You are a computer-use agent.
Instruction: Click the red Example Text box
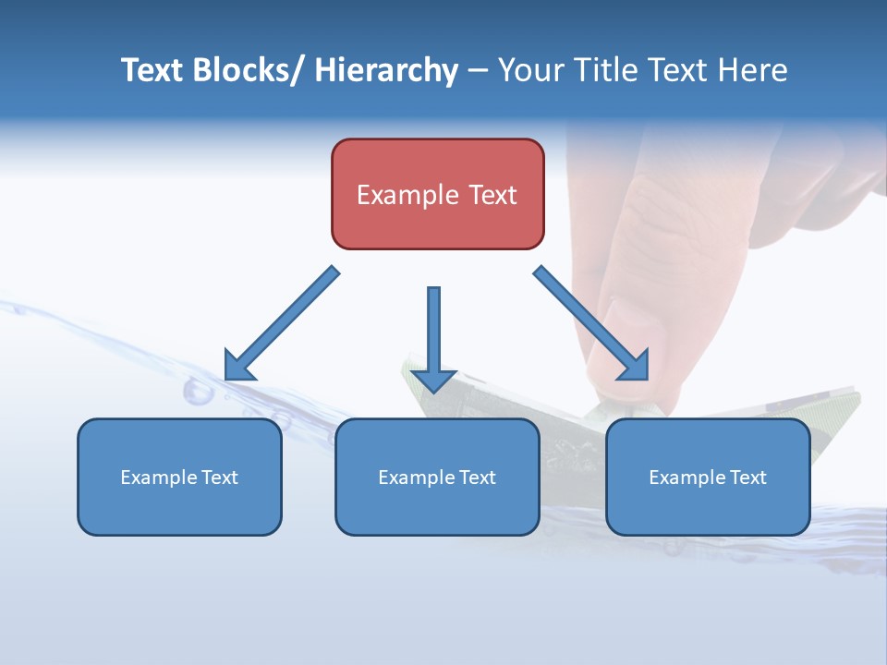coord(437,194)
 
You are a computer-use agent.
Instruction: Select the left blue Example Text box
coord(179,477)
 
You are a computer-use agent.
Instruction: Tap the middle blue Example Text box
coord(437,477)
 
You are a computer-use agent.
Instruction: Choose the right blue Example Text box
coord(708,477)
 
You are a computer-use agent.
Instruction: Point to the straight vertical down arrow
coord(433,332)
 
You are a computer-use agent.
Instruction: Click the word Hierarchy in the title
coord(386,70)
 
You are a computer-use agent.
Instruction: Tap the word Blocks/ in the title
coord(249,70)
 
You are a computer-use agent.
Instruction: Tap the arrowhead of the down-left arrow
coord(239,365)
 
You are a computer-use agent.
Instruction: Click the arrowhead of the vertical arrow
coord(433,380)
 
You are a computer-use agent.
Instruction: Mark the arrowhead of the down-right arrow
coord(635,365)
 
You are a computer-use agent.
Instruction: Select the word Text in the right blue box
coord(747,477)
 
